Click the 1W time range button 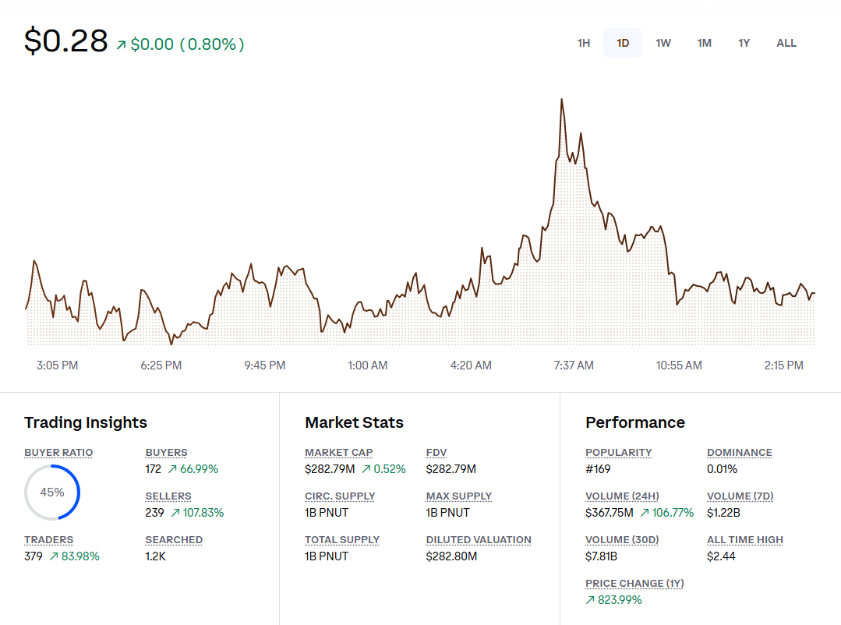pos(663,43)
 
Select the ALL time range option pos(786,43)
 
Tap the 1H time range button pos(584,43)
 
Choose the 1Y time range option pos(744,43)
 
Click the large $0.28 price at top pos(66,41)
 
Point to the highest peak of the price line pos(561,100)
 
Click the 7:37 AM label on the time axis pos(574,365)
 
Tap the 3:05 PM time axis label pos(58,365)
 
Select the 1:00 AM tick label pos(367,365)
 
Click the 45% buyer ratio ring pos(52,492)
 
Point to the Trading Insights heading pos(86,422)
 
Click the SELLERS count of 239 pos(154,513)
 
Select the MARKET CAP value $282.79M pos(330,469)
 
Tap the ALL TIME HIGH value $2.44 pos(721,556)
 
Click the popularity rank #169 pos(598,469)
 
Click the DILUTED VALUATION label pos(479,539)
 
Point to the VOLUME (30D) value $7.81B pos(602,556)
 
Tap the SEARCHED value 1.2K pos(155,556)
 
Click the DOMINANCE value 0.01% pos(722,469)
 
